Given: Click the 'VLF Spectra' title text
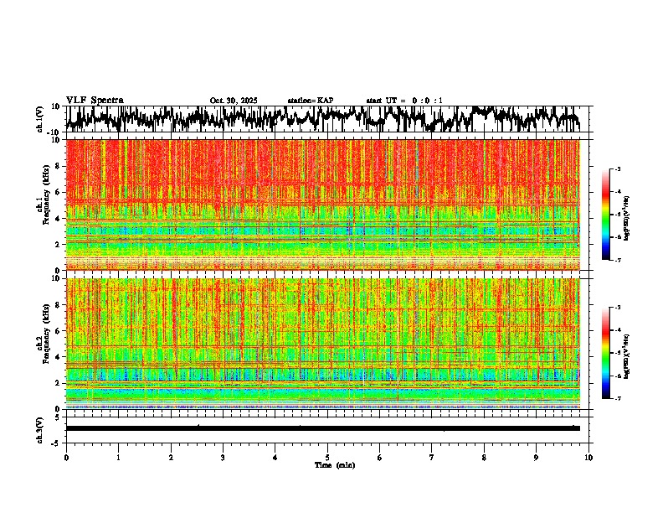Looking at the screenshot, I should (95, 100).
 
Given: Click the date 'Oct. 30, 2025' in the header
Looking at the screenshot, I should (234, 101).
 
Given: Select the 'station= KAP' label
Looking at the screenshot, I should (311, 101).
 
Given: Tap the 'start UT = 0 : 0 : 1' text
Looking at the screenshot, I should (404, 101).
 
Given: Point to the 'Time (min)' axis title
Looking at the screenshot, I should (334, 464).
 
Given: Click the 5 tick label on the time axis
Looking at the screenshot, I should (327, 457).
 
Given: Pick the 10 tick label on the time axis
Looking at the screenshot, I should (588, 457).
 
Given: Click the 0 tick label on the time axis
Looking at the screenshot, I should (66, 457).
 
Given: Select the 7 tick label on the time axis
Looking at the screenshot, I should (432, 457).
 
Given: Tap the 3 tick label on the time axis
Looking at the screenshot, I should (223, 457).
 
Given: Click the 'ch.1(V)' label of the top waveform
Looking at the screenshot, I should (40, 119).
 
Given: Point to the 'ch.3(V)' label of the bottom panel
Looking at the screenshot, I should (40, 427).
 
